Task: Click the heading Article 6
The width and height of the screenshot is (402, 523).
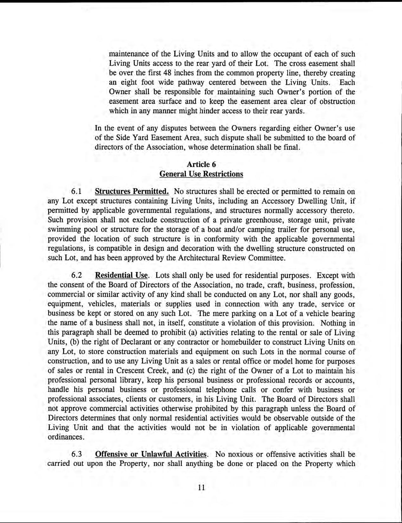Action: [x=201, y=164]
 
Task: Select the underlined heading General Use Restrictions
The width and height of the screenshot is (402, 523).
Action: [x=201, y=174]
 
